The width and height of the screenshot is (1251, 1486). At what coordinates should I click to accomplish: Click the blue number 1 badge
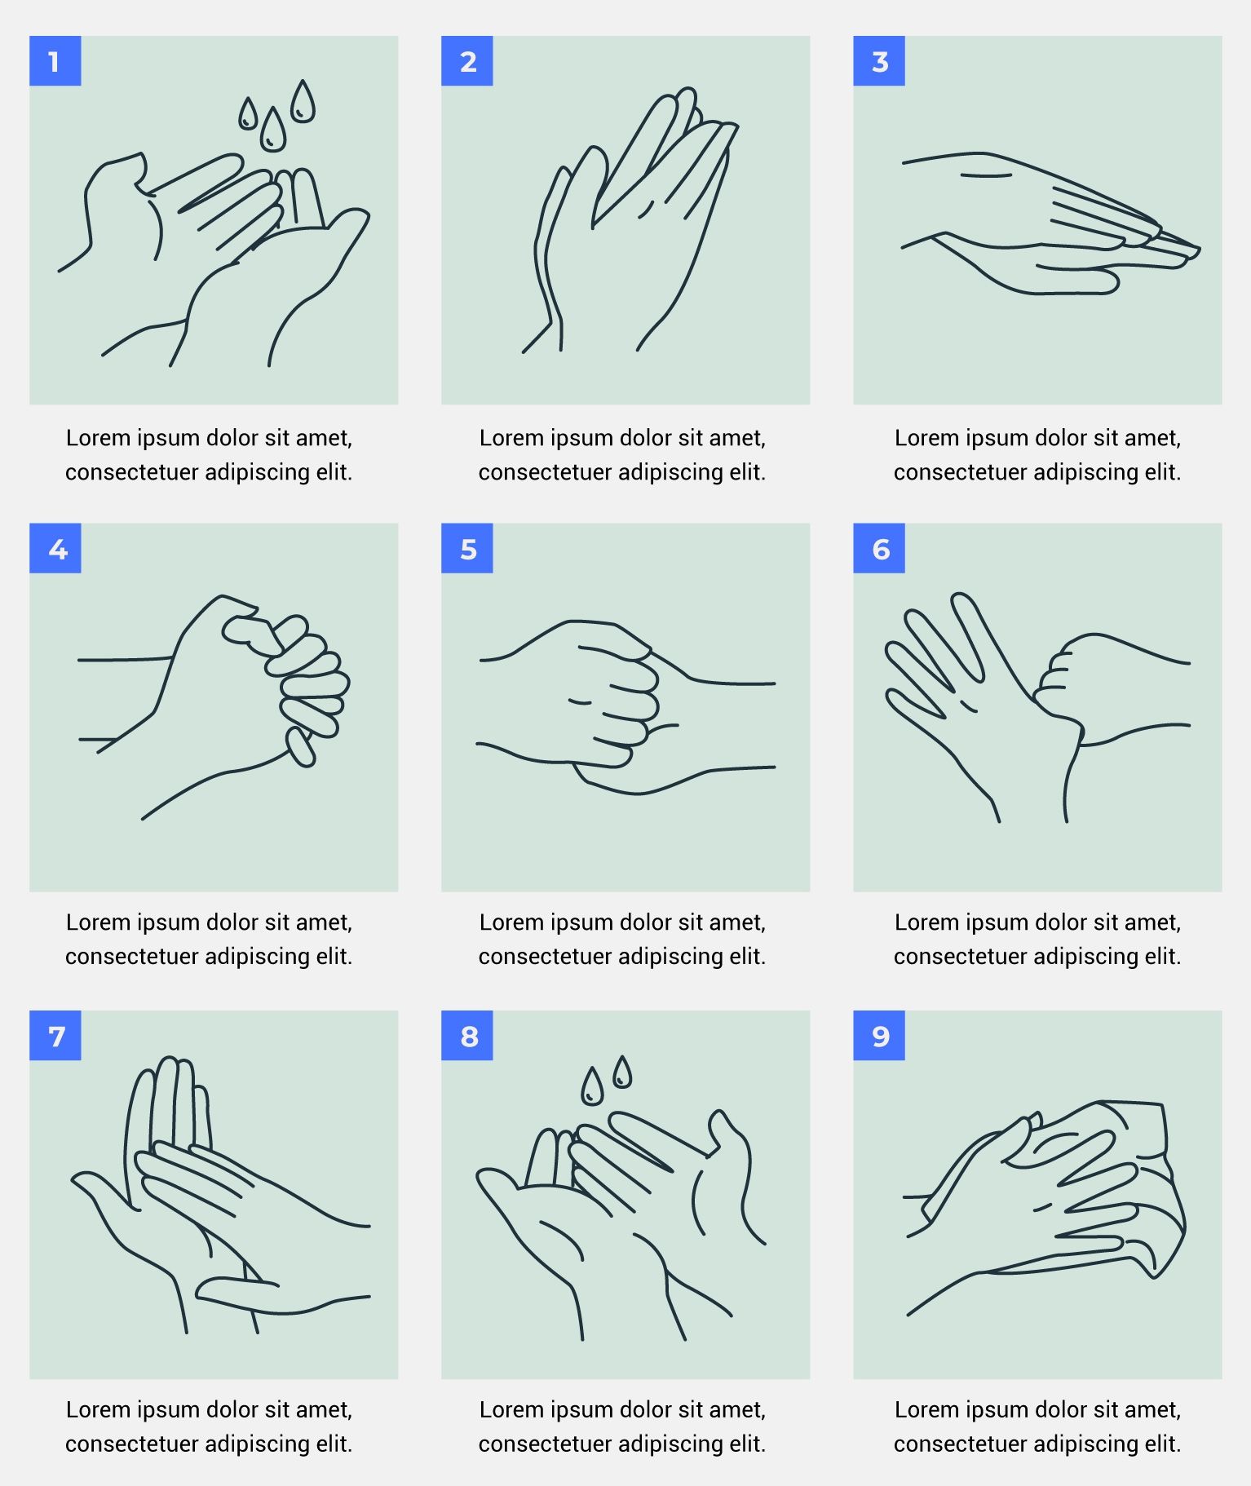click(x=55, y=60)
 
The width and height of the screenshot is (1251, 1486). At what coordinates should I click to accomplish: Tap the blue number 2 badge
click(x=466, y=60)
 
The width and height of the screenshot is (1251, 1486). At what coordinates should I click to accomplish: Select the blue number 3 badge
click(x=878, y=60)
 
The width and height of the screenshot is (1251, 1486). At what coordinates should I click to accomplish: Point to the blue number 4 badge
click(x=55, y=548)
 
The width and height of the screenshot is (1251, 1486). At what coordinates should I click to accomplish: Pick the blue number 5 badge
click(x=466, y=548)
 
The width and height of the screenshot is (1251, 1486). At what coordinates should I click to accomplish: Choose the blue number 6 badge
click(x=878, y=548)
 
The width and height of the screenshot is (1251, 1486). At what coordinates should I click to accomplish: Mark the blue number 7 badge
click(x=55, y=1036)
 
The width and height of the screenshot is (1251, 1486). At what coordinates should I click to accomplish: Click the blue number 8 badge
click(x=466, y=1036)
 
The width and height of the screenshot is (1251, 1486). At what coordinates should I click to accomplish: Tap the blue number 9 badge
click(x=878, y=1036)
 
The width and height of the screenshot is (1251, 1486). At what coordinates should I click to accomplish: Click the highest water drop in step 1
click(x=303, y=103)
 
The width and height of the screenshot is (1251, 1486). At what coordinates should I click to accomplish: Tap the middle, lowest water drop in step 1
click(x=272, y=130)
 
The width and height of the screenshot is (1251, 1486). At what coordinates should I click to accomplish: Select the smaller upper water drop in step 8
click(x=622, y=1072)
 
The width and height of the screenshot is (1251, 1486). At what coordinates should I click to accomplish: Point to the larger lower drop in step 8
click(x=592, y=1087)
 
